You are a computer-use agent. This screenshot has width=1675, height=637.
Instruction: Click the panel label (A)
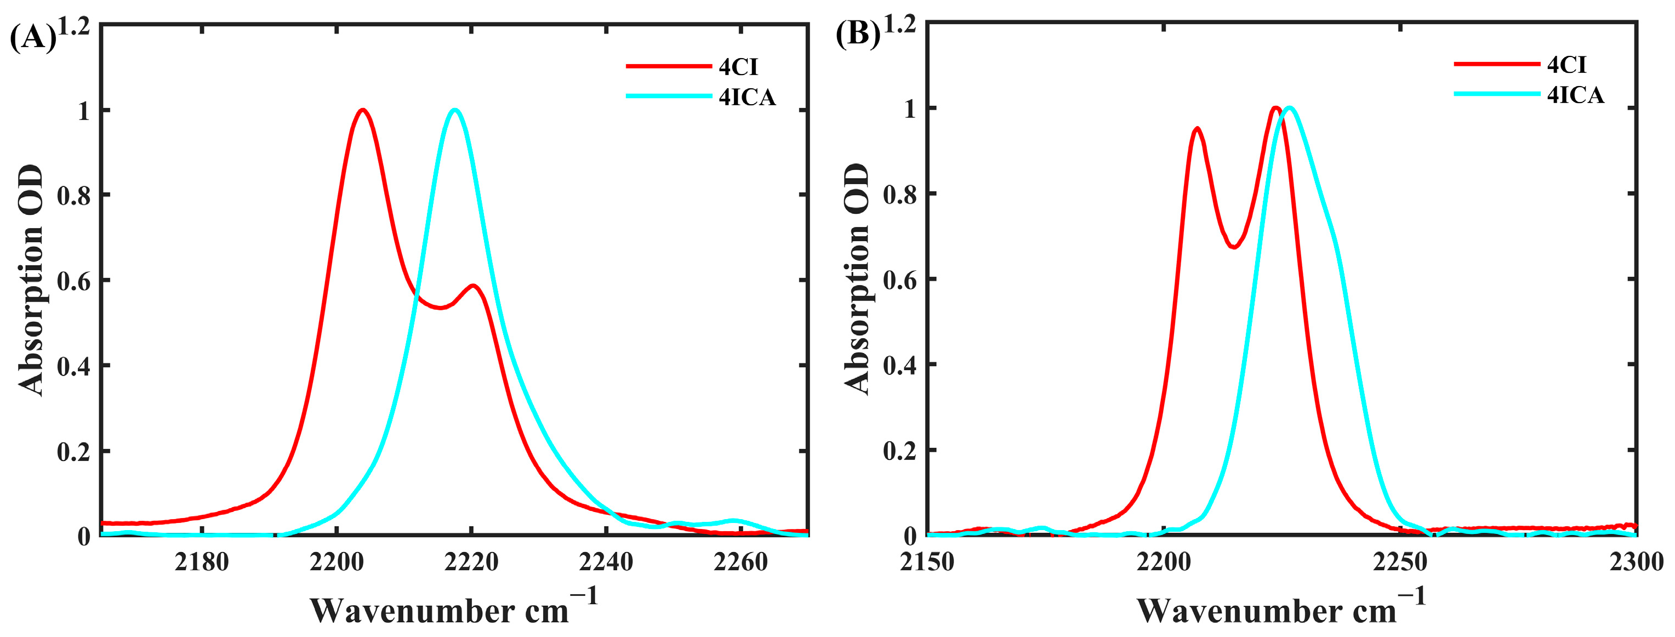pos(32,38)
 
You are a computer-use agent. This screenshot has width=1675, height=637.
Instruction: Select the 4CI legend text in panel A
pos(738,67)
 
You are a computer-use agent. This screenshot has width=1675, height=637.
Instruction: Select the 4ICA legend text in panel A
pos(747,97)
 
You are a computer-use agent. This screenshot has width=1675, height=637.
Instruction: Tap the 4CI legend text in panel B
pos(1566,65)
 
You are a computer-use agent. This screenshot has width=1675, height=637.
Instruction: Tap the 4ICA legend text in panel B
pos(1575,95)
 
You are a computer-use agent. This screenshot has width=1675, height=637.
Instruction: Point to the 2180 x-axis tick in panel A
pos(202,561)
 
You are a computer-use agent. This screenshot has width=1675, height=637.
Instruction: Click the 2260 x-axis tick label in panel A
pos(740,561)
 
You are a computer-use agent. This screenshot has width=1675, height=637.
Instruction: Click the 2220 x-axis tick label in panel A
pos(471,561)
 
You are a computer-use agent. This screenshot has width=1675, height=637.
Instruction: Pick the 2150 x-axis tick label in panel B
pos(927,561)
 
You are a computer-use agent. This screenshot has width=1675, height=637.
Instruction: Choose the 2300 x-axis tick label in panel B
pos(1636,561)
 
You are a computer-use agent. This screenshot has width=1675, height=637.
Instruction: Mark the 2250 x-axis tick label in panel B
pos(1400,561)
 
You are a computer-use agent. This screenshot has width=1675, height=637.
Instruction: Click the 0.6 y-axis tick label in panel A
pos(73,281)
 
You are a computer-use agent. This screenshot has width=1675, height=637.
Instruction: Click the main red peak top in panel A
pos(362,110)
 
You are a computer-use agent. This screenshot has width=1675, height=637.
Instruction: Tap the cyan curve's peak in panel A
pos(454,110)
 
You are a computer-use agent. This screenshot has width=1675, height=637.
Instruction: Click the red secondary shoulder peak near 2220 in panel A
pos(474,286)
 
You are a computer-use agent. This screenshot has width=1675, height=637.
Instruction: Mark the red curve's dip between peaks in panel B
pos(1233,247)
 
